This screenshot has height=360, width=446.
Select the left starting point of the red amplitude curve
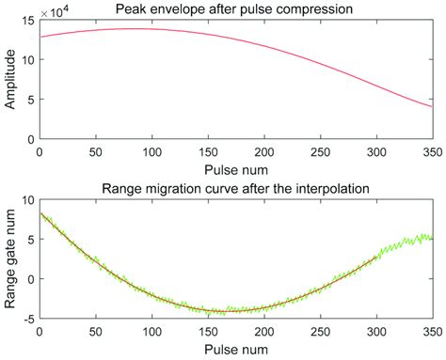(39, 37)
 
